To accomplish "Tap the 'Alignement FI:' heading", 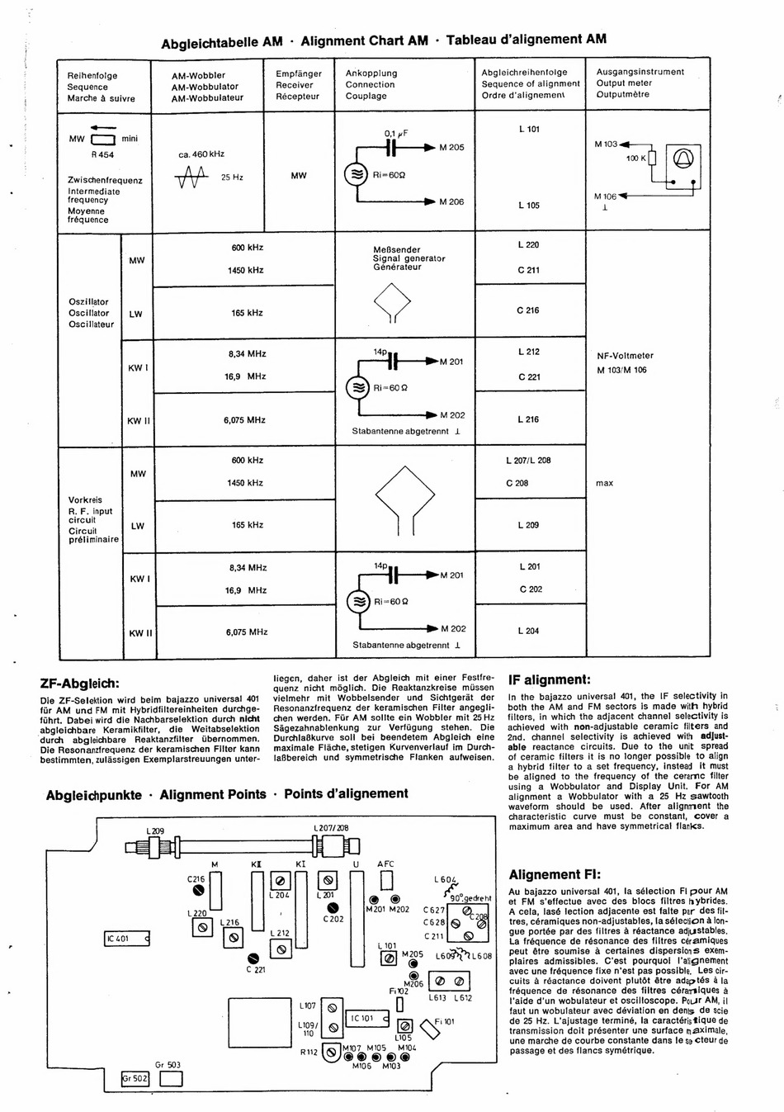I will pos(555,875).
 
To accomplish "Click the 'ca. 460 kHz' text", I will pos(201,154).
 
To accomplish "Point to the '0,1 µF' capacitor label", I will pos(396,133).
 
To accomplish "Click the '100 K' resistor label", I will pos(635,158).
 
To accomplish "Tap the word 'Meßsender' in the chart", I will pos(396,249).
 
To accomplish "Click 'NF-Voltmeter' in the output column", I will pos(625,356).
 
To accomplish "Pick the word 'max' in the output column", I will pos(604,483).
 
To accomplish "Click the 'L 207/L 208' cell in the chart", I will pos(528,461).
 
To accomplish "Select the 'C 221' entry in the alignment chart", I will pos(529,376).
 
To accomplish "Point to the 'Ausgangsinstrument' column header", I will pos(640,72).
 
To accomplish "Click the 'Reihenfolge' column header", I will pos(92,76).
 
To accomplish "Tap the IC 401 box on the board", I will pos(127,939).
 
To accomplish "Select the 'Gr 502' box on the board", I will pos(135,1078).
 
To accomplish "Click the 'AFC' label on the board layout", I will pos(385,864).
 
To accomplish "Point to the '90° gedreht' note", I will pos(471,898).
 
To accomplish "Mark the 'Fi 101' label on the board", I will pos(445,1021).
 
